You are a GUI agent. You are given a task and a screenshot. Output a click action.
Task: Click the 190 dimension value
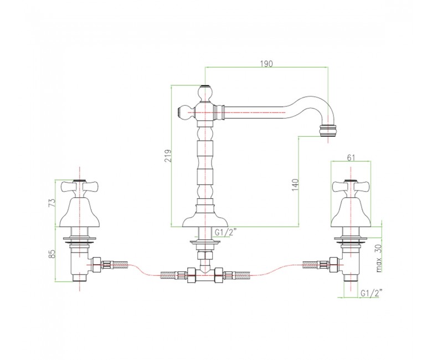(x=266, y=64)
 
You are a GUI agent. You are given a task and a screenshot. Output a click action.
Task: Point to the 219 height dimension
(x=168, y=156)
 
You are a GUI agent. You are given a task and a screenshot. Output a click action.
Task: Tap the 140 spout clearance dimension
(x=295, y=185)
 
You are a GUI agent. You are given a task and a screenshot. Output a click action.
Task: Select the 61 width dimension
(x=351, y=158)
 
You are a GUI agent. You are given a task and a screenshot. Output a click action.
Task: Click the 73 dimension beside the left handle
(x=52, y=203)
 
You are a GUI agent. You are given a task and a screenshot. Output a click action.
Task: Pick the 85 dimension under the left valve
(x=52, y=254)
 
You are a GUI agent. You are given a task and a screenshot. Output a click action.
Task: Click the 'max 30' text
(x=379, y=258)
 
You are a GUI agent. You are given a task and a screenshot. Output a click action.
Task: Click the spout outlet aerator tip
(x=327, y=131)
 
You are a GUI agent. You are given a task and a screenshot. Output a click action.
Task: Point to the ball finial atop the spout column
(x=204, y=93)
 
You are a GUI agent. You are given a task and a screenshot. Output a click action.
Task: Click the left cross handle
(x=79, y=189)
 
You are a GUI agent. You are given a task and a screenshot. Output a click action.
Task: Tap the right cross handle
(x=351, y=189)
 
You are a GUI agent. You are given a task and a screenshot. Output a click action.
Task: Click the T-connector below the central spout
(x=205, y=275)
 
